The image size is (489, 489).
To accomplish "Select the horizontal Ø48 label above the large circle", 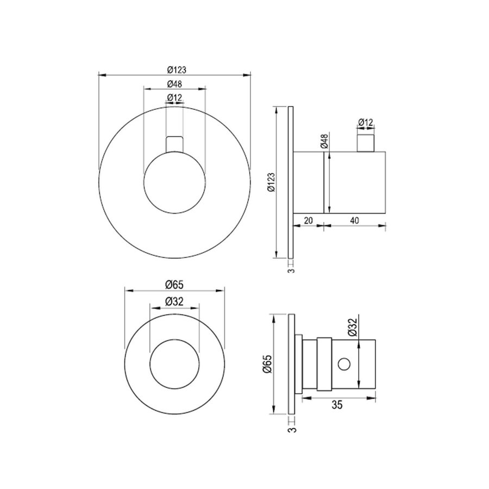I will coord(174,84).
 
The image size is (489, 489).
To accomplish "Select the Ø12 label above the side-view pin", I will coord(366,122).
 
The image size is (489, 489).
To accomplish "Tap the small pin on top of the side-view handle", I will coord(366,142).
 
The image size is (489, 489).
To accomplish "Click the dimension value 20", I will coord(308,221).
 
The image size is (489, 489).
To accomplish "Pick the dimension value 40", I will coord(354,221).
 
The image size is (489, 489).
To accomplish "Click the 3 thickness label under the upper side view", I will coord(291,268).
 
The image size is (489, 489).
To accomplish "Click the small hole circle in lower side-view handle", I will coord(344,363).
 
